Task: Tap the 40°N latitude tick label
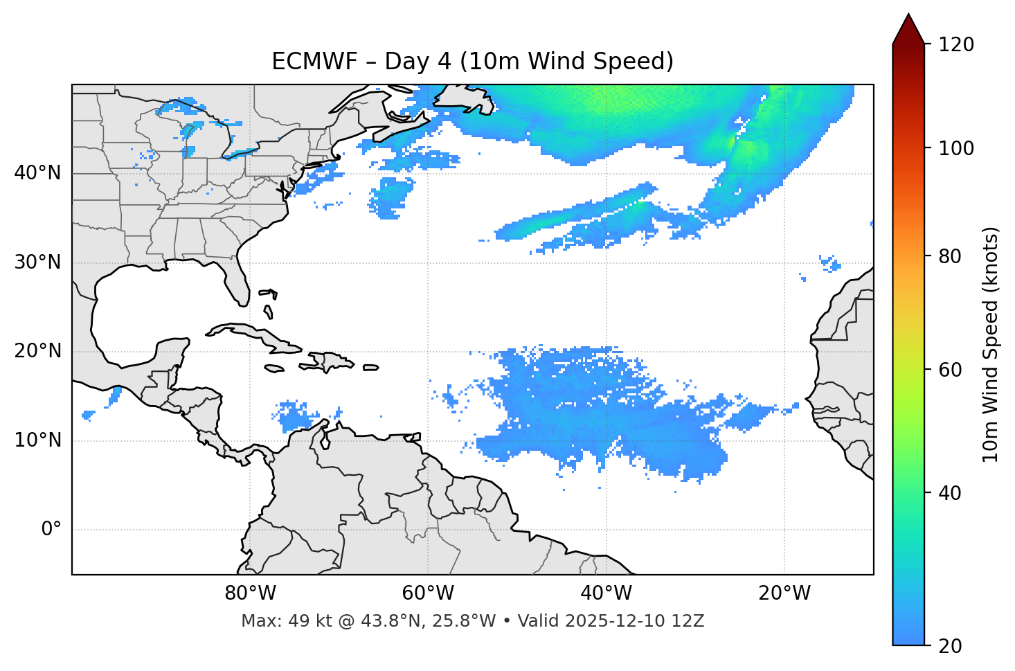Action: pos(37,173)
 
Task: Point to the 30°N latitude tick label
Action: pos(37,262)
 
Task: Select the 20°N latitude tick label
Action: pos(37,351)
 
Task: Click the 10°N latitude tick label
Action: pos(37,440)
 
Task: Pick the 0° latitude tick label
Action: pos(51,530)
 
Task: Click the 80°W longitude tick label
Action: pos(250,593)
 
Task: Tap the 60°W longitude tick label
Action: pos(428,593)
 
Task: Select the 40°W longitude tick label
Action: pos(606,593)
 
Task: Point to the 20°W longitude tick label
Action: pos(784,593)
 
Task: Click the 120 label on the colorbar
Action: pos(956,45)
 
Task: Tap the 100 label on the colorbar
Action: pos(956,148)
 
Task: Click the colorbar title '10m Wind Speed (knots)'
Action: pos(991,344)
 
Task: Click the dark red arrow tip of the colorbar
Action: pos(908,28)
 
